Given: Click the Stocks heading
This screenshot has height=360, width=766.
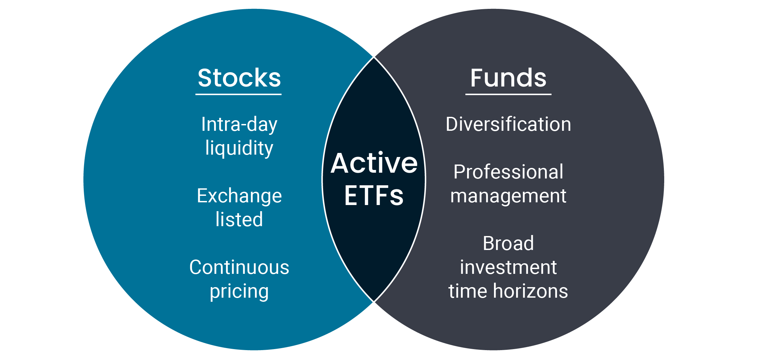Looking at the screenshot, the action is (239, 78).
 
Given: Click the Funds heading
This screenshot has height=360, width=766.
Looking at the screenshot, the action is (508, 78).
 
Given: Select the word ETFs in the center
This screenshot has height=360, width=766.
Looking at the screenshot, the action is (374, 195).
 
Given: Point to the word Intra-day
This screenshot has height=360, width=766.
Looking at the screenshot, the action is (239, 124).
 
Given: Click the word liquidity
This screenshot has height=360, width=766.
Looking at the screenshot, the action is (239, 148).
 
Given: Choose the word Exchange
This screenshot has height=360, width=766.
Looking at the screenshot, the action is (239, 196).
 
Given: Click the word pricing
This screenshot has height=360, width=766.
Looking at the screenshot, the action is (239, 292).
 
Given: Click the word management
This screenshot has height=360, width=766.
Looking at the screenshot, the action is (508, 196).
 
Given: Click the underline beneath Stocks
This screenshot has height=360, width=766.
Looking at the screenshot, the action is (238, 94).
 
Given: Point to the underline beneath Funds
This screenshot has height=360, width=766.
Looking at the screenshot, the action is (508, 94).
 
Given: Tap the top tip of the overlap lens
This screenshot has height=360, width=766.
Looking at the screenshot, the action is (374, 57).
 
